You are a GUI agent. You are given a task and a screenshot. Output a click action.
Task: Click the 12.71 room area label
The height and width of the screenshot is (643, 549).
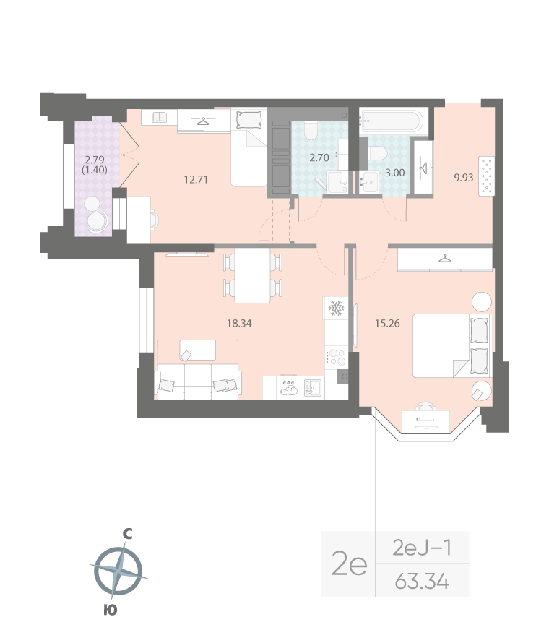click(196, 179)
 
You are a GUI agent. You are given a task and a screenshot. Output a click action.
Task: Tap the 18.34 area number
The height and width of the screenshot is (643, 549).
click(239, 323)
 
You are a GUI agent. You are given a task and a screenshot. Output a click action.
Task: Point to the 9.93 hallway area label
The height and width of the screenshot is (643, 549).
click(464, 176)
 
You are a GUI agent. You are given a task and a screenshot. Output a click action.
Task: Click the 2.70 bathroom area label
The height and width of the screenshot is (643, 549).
click(319, 156)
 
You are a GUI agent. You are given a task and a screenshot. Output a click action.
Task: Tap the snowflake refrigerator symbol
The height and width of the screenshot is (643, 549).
click(335, 308)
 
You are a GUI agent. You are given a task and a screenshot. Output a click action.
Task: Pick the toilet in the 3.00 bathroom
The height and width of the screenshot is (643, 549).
click(378, 154)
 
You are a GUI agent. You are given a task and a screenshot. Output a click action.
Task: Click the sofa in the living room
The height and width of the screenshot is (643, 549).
click(198, 381)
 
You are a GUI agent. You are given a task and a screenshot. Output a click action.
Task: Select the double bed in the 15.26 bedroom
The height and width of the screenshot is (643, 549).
click(451, 345)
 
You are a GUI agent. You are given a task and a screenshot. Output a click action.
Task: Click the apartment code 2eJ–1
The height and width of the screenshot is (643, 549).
click(423, 548)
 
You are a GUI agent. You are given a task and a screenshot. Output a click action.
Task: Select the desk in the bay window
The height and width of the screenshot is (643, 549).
click(425, 418)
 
